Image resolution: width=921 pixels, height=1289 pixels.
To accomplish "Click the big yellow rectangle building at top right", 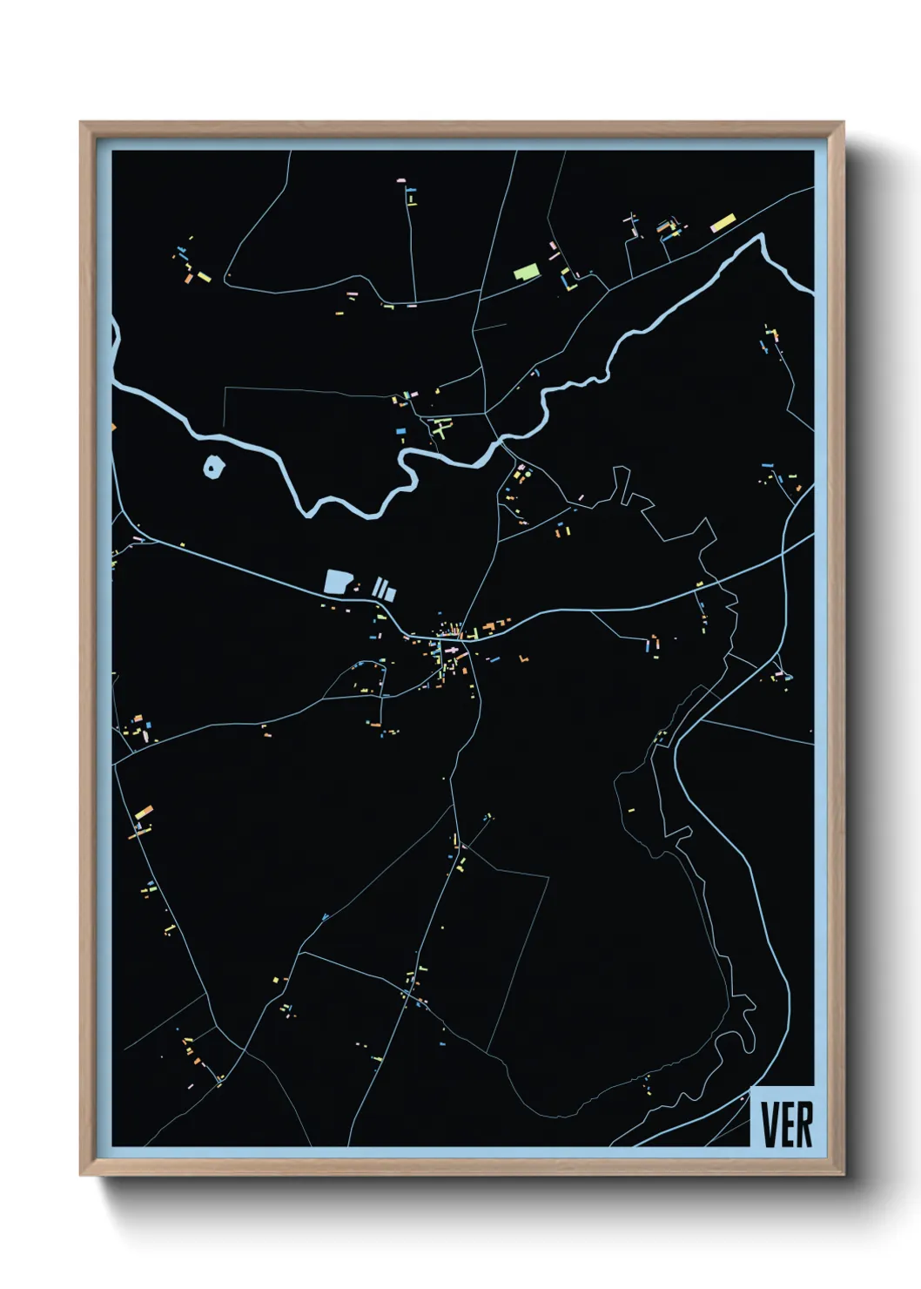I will click(723, 222).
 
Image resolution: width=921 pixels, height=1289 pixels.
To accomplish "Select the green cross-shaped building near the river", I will click(440, 428).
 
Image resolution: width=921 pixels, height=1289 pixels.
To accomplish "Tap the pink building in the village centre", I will click(452, 650).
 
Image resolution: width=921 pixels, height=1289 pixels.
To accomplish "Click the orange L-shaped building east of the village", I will click(524, 659).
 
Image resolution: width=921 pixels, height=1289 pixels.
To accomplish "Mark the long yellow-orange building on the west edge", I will click(143, 813).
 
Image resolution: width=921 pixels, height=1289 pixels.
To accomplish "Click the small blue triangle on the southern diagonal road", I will click(325, 916).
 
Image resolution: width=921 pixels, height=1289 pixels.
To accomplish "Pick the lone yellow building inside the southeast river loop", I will click(630, 811).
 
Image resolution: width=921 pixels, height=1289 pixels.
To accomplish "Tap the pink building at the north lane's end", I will click(401, 180).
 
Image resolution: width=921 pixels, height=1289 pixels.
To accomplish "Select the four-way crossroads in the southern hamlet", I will click(407, 993).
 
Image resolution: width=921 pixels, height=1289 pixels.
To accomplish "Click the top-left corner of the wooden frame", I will click(80, 122).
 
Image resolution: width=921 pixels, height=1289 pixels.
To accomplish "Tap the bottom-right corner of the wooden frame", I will click(844, 1176).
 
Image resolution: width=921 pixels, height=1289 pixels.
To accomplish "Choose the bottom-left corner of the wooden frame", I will click(80, 1176).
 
